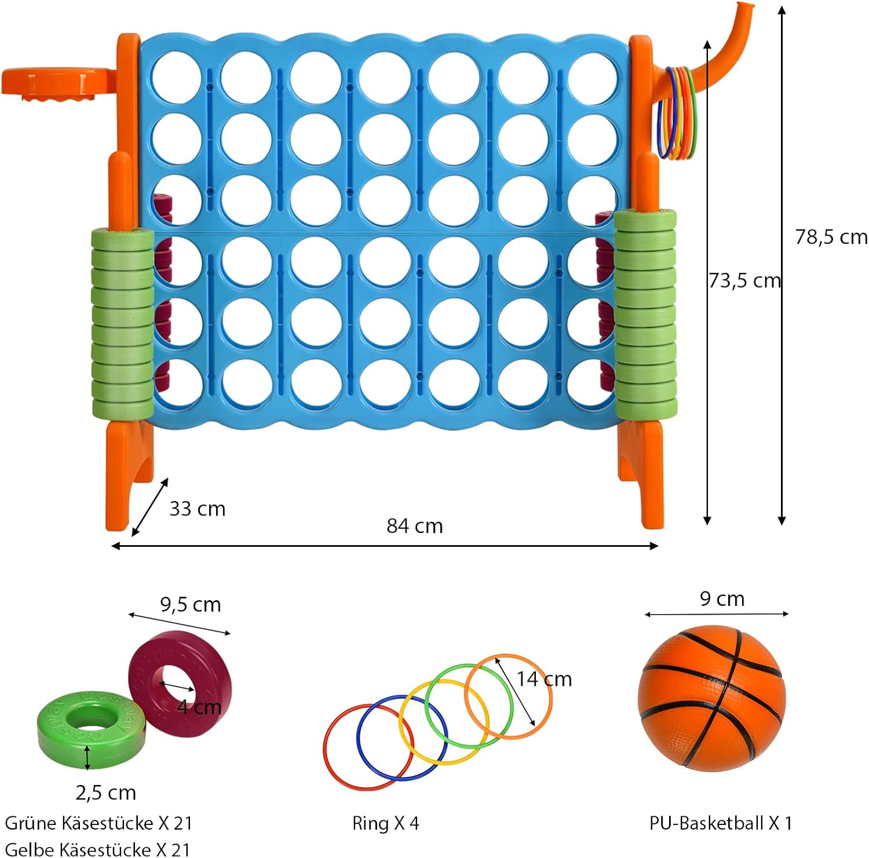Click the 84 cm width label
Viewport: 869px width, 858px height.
pyautogui.click(x=415, y=525)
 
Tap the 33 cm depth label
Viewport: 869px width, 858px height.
pyautogui.click(x=197, y=508)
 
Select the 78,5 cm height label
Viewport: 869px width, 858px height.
pyautogui.click(x=831, y=237)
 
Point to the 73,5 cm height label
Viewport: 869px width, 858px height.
pyautogui.click(x=745, y=280)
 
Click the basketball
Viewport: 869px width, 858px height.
pyautogui.click(x=712, y=699)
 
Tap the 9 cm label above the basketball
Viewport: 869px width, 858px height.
pyautogui.click(x=722, y=598)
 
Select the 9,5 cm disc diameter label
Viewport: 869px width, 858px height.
pyautogui.click(x=191, y=605)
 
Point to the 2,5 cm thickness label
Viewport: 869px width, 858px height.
pyautogui.click(x=105, y=792)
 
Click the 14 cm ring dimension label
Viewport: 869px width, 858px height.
pyautogui.click(x=544, y=678)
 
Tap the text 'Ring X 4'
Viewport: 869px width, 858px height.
pyautogui.click(x=385, y=823)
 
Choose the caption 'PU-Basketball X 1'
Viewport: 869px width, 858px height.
pyautogui.click(x=720, y=823)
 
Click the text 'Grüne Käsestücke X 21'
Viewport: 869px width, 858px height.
pyautogui.click(x=98, y=823)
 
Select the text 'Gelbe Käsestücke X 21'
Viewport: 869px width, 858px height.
pyautogui.click(x=97, y=849)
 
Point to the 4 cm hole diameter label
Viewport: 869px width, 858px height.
pyautogui.click(x=199, y=707)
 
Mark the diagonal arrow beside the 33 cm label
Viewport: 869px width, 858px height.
pyautogui.click(x=150, y=507)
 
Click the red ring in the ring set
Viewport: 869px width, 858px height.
pyautogui.click(x=324, y=747)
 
